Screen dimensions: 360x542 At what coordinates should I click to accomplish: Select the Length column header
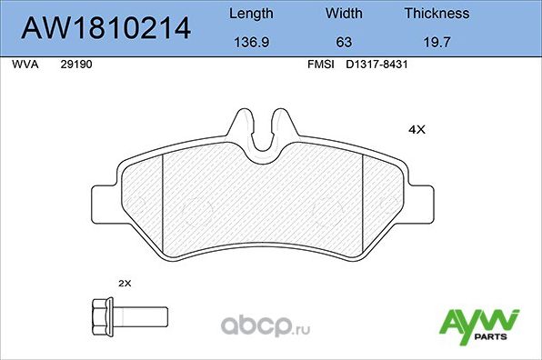tap(249, 14)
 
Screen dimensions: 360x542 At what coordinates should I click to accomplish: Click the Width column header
tap(344, 14)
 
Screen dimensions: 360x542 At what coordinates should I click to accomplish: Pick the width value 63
tap(344, 41)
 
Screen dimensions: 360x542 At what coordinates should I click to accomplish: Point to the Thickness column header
tap(437, 14)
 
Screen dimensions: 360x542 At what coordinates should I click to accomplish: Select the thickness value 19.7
tap(437, 41)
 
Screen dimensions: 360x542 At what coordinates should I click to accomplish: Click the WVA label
tap(24, 65)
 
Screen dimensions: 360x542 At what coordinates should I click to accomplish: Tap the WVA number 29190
tap(75, 65)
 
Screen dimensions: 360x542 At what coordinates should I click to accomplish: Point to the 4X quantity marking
tap(417, 130)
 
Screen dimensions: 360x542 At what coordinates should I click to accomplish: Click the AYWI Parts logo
tap(478, 325)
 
